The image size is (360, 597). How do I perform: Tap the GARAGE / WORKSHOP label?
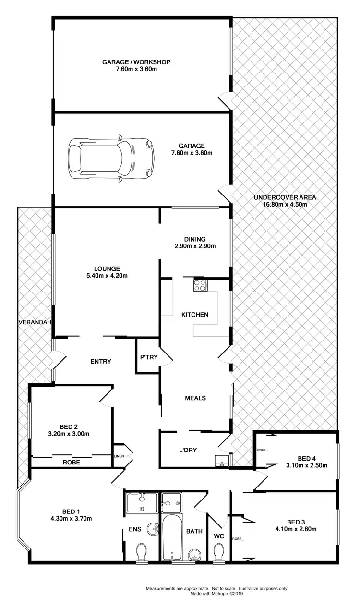(x=136, y=62)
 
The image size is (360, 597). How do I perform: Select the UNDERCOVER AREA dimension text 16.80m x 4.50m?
(x=285, y=204)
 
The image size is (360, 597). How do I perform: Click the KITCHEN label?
(x=194, y=315)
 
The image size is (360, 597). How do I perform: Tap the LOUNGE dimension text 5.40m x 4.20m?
(x=107, y=276)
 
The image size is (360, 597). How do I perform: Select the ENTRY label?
(x=101, y=361)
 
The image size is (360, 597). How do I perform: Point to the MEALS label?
(x=195, y=398)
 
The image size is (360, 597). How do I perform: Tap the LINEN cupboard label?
(x=119, y=456)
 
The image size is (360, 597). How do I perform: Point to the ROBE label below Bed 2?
(x=72, y=463)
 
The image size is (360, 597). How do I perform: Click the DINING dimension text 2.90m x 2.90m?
(x=194, y=246)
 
